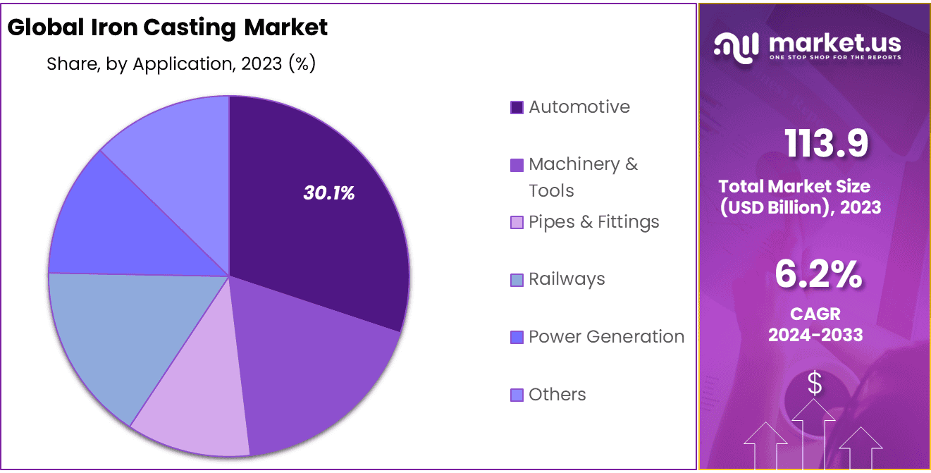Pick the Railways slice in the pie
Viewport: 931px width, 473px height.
click(x=113, y=331)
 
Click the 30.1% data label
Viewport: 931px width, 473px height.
click(x=329, y=193)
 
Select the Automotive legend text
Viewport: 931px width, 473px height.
click(x=579, y=107)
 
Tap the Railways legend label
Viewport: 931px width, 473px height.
click(x=567, y=279)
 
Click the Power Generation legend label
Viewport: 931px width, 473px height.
click(x=606, y=337)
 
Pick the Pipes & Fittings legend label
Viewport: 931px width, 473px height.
click(x=593, y=222)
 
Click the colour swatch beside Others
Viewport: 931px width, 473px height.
click(x=517, y=395)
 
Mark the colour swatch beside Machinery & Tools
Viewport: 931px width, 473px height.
click(x=517, y=165)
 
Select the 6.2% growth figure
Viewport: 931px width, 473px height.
click(x=818, y=274)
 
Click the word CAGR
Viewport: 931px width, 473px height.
click(x=815, y=314)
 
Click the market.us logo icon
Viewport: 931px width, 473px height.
click(x=736, y=47)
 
